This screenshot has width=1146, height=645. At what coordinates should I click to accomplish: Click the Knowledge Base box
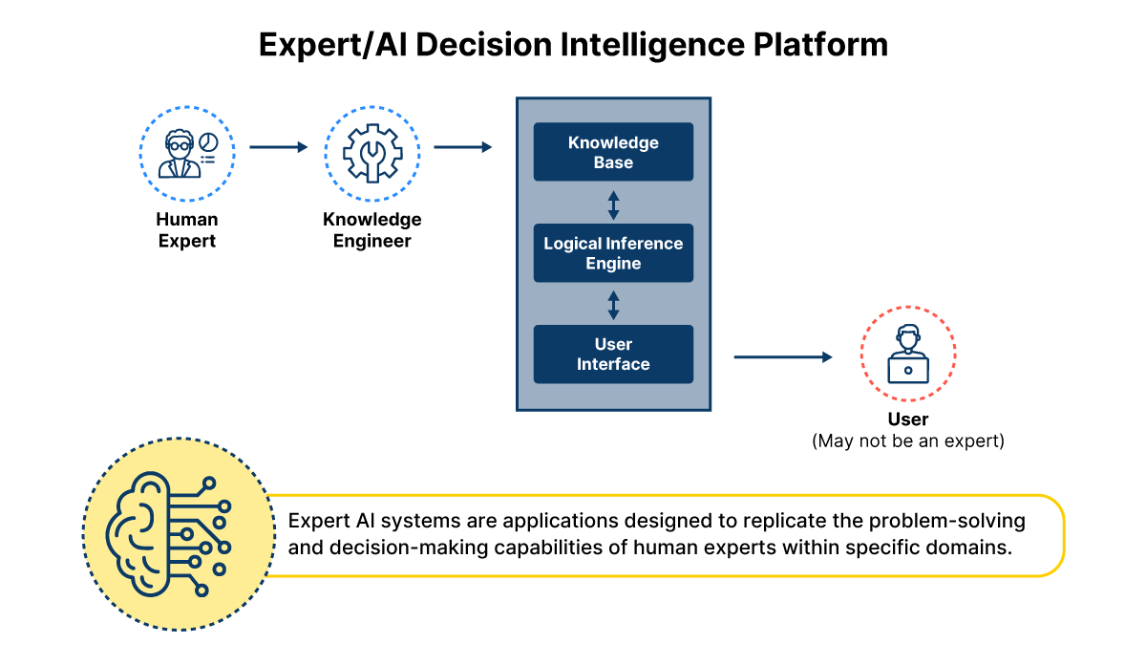[x=613, y=152]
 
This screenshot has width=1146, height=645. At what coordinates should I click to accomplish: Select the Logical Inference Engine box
[x=613, y=253]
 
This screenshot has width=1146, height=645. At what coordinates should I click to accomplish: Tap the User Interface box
[x=613, y=355]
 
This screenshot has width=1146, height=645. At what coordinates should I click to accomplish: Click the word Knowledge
[x=613, y=142]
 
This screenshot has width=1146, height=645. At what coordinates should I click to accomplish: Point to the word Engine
[x=613, y=264]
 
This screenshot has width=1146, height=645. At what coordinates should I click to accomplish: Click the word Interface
[x=613, y=365]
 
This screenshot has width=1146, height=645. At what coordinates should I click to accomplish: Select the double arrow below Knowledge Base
[x=613, y=204]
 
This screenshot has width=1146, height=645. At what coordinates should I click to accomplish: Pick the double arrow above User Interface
[x=613, y=305]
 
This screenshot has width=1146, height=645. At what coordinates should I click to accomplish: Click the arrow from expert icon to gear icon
[x=279, y=147]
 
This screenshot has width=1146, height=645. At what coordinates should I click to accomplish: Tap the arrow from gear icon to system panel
[x=463, y=147]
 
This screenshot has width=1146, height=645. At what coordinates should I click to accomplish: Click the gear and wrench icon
[x=371, y=154]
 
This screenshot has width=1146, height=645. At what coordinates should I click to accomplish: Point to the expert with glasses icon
[x=181, y=154]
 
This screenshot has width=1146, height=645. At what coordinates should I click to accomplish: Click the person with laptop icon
[x=907, y=355]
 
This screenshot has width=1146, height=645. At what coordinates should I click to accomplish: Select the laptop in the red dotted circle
[x=907, y=370]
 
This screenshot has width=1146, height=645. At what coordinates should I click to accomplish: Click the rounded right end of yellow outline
[x=1063, y=535]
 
